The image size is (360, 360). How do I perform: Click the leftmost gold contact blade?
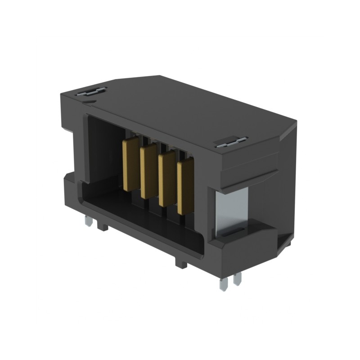pyautogui.click(x=129, y=164)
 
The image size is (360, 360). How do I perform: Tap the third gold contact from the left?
pyautogui.click(x=166, y=179)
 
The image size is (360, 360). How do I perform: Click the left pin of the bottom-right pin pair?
pyautogui.click(x=223, y=283)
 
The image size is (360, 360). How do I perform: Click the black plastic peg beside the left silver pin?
pyautogui.click(x=102, y=226)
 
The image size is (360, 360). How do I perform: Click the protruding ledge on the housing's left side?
pyautogui.click(x=67, y=180)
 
